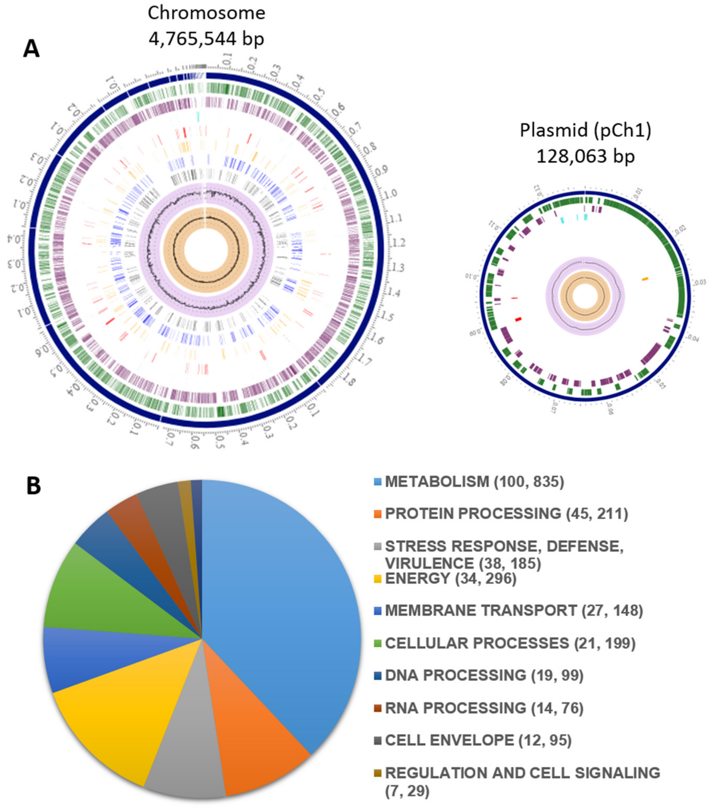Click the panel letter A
(31, 50)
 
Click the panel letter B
(34, 486)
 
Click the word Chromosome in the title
(206, 13)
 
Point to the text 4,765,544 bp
(206, 39)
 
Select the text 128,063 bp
(585, 156)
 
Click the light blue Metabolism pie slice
(277, 614)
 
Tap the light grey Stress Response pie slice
(186, 764)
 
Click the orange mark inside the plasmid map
(645, 279)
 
